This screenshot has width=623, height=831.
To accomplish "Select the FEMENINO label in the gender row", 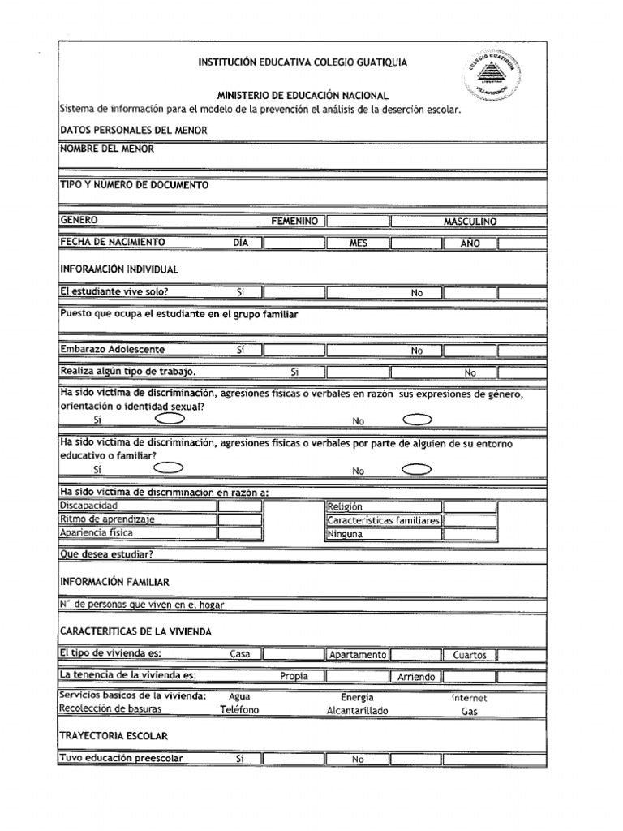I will click(294, 222).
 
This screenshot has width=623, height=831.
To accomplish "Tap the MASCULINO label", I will click(470, 222).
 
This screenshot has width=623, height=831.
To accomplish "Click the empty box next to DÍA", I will click(293, 243).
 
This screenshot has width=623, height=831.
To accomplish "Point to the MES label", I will click(359, 243).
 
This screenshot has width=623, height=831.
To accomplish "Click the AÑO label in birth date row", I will click(470, 243).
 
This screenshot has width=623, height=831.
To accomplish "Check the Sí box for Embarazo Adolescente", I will click(293, 351).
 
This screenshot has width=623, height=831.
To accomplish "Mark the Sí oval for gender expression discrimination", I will click(169, 419).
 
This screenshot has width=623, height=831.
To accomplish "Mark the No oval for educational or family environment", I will click(417, 469).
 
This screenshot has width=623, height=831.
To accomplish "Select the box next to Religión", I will click(469, 506).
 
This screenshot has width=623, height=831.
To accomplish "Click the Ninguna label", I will click(346, 535).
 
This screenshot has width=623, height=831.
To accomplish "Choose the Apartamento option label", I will click(358, 655).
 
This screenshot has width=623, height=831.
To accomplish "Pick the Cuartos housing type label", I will click(470, 655).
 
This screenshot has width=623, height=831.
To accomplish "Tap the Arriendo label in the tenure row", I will click(416, 677).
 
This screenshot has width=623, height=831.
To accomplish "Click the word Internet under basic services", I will click(470, 697).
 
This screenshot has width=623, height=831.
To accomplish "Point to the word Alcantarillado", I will click(358, 711).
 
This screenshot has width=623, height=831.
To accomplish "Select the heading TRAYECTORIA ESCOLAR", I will click(114, 735).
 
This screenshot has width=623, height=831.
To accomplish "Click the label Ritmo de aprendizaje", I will click(107, 519).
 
